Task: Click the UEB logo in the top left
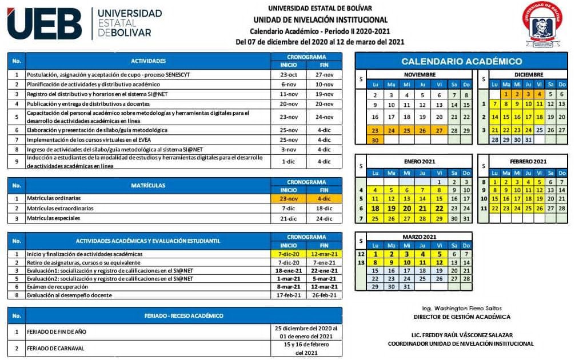pyautogui.click(x=45, y=23)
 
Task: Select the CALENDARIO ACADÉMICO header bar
pyautogui.click(x=461, y=61)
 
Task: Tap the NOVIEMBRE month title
pyautogui.click(x=420, y=75)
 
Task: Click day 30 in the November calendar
pyautogui.click(x=375, y=140)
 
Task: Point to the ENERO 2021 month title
pyautogui.click(x=420, y=161)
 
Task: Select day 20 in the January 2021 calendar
pyautogui.click(x=407, y=209)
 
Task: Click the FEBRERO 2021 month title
pyautogui.click(x=528, y=161)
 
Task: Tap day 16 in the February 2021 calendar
pyautogui.click(x=505, y=199)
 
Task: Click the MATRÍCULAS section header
pyautogui.click(x=148, y=185)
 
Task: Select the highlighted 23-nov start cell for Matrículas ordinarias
pyautogui.click(x=289, y=198)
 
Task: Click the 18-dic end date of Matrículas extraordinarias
pyautogui.click(x=324, y=209)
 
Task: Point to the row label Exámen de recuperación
pyautogui.click(x=57, y=287)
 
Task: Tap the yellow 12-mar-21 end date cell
pyautogui.click(x=324, y=254)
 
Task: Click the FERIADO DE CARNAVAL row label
pyautogui.click(x=55, y=348)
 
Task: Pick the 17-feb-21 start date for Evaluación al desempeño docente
pyautogui.click(x=289, y=295)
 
